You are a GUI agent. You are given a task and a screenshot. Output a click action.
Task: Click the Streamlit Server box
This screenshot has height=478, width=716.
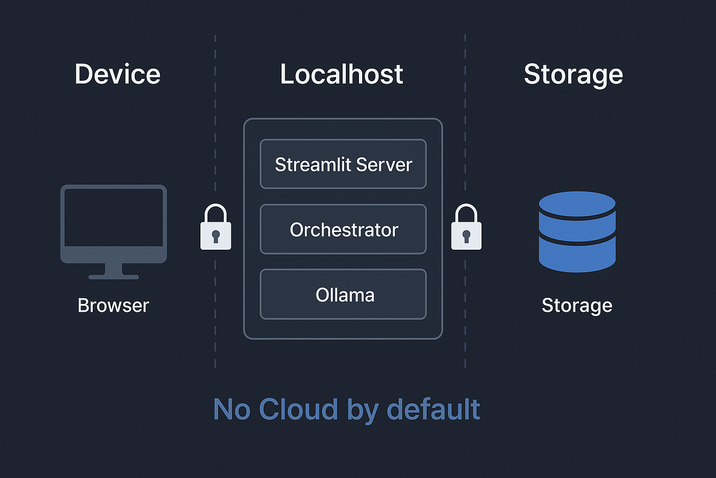[343, 164]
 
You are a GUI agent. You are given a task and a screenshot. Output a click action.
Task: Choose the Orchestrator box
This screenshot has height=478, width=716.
[343, 230]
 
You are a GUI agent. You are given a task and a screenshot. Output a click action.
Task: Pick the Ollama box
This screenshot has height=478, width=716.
[343, 295]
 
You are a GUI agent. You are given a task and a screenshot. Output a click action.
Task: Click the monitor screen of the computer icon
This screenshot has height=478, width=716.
[114, 218]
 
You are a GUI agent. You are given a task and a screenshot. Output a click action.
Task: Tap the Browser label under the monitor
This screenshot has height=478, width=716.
[113, 306]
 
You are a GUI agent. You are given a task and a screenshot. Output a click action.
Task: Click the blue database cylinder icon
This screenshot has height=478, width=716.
[577, 232]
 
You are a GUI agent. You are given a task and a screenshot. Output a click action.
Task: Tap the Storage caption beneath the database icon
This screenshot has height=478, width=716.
[577, 306]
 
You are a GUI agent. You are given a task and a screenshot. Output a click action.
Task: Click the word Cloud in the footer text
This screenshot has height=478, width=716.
[298, 409]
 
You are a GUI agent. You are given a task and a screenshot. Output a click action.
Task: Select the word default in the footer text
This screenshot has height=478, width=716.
[433, 409]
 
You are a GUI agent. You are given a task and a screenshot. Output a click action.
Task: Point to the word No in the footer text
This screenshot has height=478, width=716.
[232, 409]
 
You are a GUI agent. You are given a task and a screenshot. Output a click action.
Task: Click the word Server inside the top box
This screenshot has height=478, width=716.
[384, 164]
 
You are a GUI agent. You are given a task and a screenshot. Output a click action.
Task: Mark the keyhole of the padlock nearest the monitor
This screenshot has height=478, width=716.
[215, 236]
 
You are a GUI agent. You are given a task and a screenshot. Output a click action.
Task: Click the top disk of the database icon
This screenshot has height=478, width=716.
[577, 204]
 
